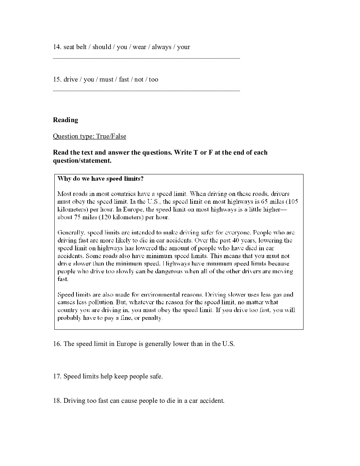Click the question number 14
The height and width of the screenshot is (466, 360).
(57, 47)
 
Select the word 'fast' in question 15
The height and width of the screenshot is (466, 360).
(124, 79)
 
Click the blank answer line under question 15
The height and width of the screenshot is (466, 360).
(146, 90)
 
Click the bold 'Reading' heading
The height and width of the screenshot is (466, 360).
(65, 120)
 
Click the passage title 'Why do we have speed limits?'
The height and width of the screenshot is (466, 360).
(100, 179)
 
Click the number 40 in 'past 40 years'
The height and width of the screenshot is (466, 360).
(242, 240)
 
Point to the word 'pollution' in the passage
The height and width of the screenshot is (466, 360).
(101, 302)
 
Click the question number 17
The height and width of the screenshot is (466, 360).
(57, 376)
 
